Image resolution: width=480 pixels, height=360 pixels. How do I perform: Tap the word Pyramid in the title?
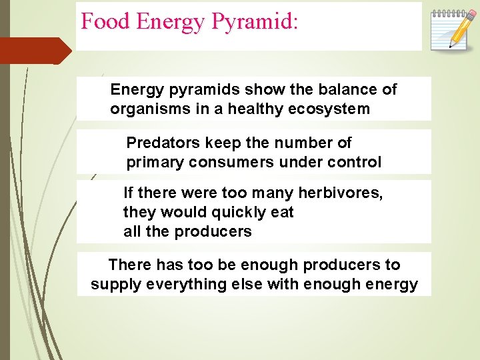pyautogui.click(x=255, y=23)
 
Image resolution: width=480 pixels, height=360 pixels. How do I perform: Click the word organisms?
pyautogui.click(x=145, y=109)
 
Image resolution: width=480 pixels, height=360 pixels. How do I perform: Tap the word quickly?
pyautogui.click(x=235, y=213)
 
